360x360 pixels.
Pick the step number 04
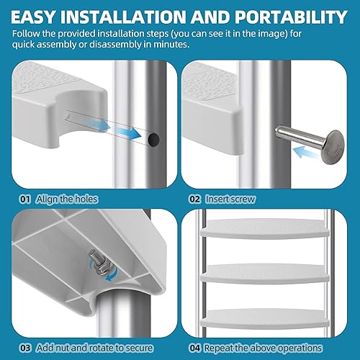194,348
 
